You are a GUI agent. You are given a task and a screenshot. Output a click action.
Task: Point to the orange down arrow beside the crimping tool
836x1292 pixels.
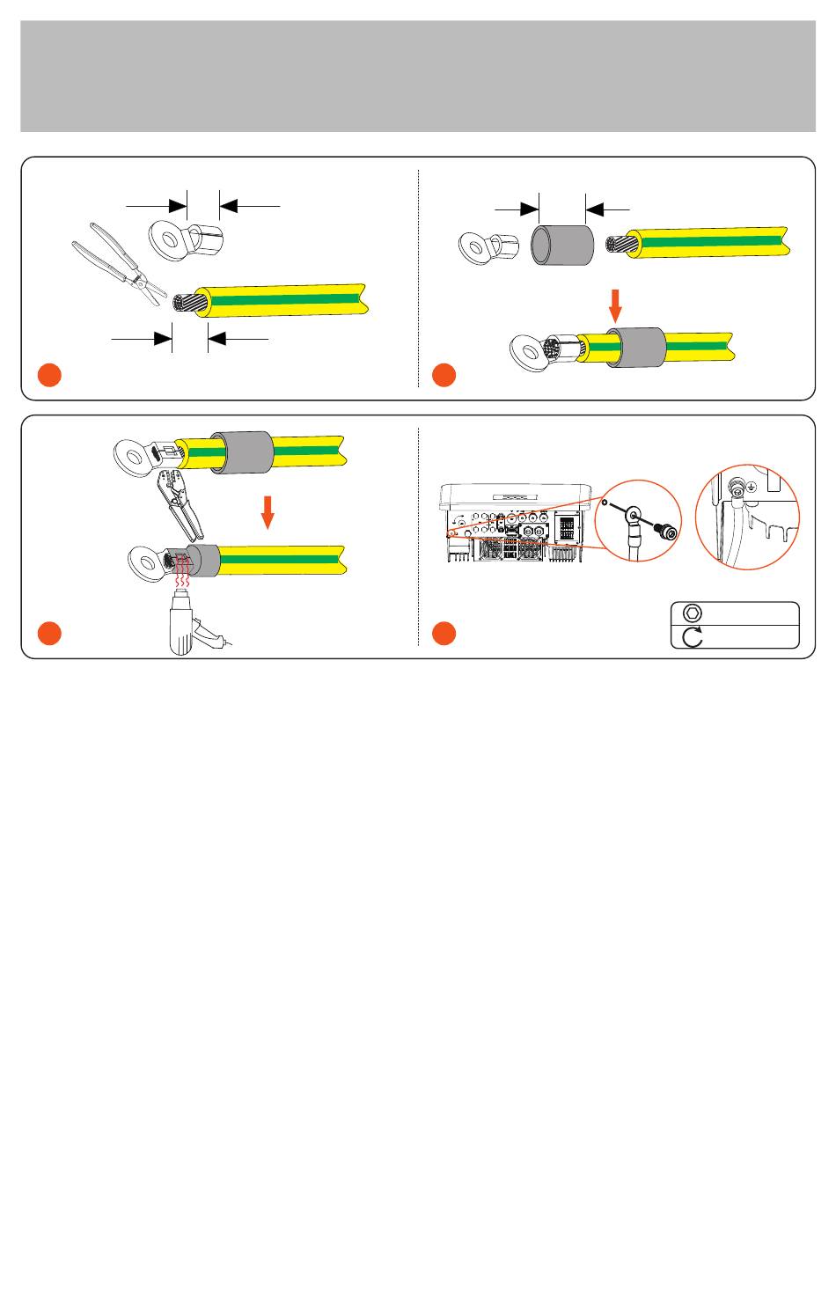pos(269,511)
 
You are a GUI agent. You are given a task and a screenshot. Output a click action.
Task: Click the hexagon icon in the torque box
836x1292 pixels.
pos(693,613)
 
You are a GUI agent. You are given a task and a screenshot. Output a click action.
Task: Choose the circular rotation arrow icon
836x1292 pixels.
pos(693,636)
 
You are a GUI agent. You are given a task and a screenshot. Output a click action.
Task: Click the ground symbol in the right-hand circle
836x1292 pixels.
pos(750,485)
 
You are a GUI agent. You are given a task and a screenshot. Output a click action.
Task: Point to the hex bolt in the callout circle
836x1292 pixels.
pos(664,532)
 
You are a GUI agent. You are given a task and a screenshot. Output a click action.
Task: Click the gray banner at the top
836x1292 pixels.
pos(418,77)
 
